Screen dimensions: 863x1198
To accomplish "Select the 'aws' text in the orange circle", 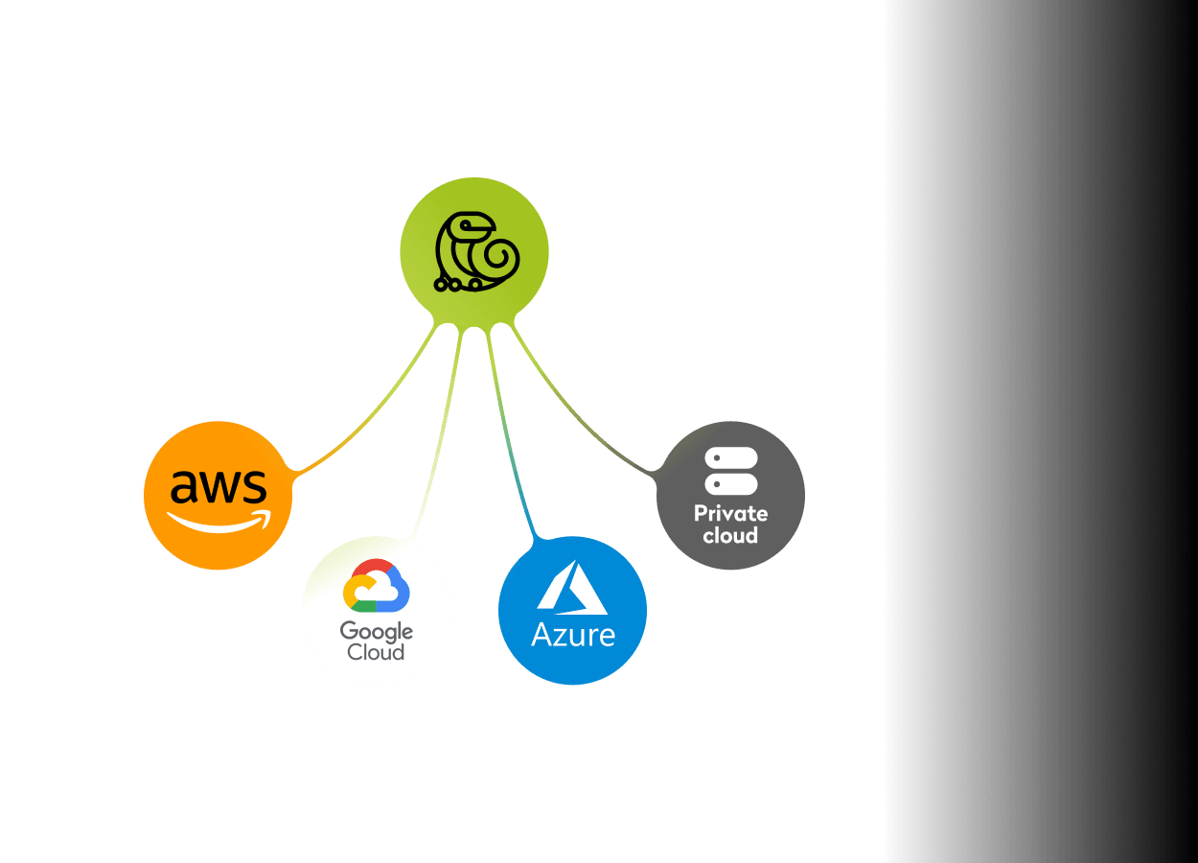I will (x=219, y=488).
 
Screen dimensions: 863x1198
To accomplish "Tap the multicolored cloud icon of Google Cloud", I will (x=376, y=586).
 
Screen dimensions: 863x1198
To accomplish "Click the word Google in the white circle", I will (x=376, y=632).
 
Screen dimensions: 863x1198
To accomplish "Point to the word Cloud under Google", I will (x=376, y=653).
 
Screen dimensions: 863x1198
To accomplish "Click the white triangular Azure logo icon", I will (x=572, y=588).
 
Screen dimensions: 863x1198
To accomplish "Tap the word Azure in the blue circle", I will (x=573, y=634).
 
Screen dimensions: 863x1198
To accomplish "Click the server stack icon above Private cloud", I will (x=731, y=471).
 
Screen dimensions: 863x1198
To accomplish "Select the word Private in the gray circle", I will (x=730, y=513).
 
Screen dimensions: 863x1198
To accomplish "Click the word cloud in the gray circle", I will (x=730, y=536).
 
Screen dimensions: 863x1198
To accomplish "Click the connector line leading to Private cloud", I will (x=585, y=422).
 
